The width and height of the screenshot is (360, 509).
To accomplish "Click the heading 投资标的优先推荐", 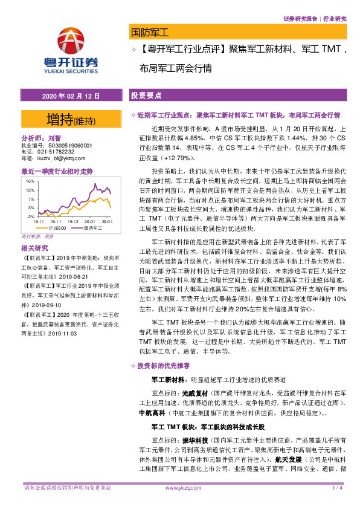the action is coord(163,366).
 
